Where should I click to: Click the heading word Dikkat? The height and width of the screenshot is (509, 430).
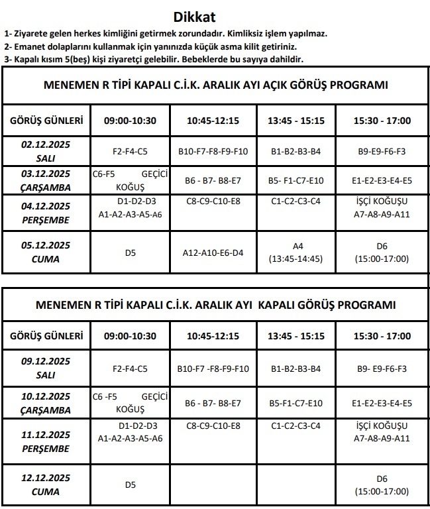coord(194,17)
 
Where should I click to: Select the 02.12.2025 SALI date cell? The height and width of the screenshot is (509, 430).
coord(46,151)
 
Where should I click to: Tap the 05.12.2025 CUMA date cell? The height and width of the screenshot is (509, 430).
coord(46,253)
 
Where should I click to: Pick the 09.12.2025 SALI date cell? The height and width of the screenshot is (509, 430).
coord(46,368)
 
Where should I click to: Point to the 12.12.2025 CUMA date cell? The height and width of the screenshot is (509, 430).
coord(46,484)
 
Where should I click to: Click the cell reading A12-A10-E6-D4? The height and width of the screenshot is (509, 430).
coord(213,253)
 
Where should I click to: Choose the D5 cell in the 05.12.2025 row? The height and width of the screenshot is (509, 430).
coord(130,253)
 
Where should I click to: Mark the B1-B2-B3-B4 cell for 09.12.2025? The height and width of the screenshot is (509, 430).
coord(296,368)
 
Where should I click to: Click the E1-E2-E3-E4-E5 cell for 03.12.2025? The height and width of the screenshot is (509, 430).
coord(382,180)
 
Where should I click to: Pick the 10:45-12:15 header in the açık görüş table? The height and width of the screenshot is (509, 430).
coord(213,121)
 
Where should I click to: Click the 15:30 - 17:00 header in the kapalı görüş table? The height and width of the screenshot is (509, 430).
coord(382,336)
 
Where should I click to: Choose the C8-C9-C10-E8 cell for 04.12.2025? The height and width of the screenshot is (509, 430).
coord(213,201)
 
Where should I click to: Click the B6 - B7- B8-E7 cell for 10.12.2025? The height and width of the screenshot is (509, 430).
coord(213,403)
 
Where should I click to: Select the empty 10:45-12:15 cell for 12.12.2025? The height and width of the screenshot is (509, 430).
coord(213,484)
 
